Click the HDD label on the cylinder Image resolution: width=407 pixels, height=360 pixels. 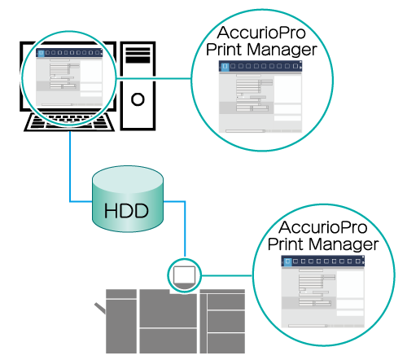126,211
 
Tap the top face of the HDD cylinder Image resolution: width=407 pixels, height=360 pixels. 128,179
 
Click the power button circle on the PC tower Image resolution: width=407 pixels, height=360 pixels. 138,99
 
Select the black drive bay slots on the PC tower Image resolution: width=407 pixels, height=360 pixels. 138,55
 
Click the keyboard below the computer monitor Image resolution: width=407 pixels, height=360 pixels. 69,122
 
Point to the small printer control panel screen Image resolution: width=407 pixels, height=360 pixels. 184,275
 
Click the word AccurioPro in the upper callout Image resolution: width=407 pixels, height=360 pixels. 261,33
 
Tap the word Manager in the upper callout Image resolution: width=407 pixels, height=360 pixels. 282,50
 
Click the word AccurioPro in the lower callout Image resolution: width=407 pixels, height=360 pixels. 323,227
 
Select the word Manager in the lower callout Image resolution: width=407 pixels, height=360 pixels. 344,244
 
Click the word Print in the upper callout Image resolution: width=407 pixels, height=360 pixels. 225,49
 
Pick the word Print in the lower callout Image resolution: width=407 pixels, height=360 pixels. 286,244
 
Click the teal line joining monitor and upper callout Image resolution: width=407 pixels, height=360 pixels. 154,79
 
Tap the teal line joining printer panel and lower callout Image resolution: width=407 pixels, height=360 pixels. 227,276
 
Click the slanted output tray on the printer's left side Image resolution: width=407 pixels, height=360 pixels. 100,308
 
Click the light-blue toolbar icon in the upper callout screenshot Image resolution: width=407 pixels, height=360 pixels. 225,66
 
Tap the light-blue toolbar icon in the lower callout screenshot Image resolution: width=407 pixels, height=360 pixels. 287,261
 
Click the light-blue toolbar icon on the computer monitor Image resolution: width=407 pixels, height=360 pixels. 41,53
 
